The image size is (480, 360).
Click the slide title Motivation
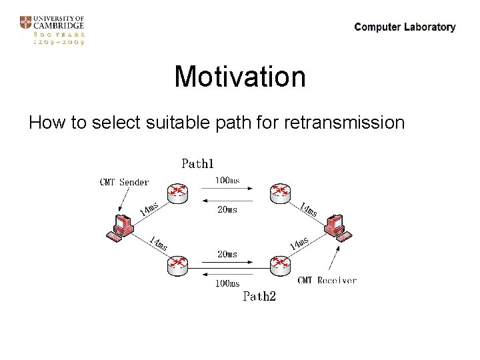click(x=240, y=77)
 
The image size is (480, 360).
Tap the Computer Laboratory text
click(x=405, y=27)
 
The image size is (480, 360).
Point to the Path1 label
click(x=198, y=163)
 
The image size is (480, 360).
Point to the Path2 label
click(x=259, y=296)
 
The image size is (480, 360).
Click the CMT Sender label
click(x=124, y=181)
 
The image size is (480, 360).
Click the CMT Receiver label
click(x=327, y=281)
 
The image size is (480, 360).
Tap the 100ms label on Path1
click(x=227, y=180)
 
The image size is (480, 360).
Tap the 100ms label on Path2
click(x=227, y=283)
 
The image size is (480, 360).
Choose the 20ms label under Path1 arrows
click(x=227, y=209)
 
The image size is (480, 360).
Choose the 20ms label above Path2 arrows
click(x=227, y=254)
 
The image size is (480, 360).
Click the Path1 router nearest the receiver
click(x=281, y=193)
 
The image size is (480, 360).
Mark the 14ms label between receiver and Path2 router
click(x=299, y=243)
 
